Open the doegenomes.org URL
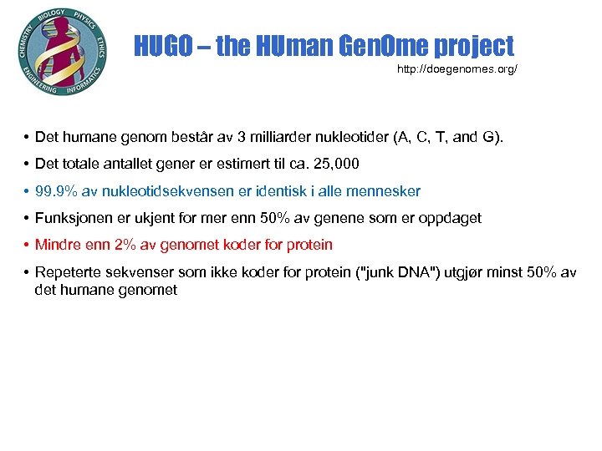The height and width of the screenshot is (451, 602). [x=457, y=68]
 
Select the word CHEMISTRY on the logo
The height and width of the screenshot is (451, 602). [x=24, y=43]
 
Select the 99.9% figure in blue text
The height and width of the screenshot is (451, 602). [x=55, y=191]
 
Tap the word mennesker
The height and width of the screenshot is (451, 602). [x=388, y=191]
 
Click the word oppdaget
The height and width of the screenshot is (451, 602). [x=451, y=218]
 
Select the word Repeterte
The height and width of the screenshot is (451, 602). [x=68, y=271]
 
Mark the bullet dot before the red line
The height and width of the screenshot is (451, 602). [x=28, y=245]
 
